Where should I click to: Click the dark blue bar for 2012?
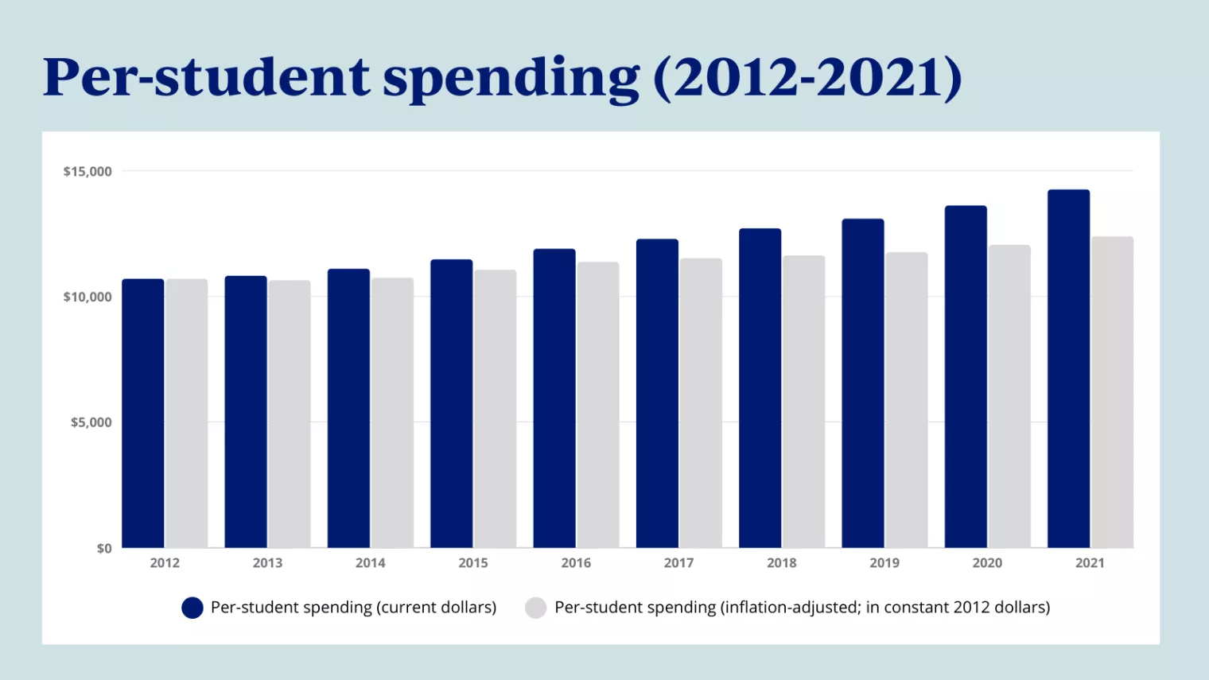pyautogui.click(x=143, y=414)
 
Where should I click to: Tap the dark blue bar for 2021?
pyautogui.click(x=1068, y=369)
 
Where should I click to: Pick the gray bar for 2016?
pyautogui.click(x=598, y=405)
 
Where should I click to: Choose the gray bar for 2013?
pyautogui.click(x=290, y=414)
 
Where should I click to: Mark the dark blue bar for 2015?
pyautogui.click(x=451, y=403)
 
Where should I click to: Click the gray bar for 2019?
pyautogui.click(x=907, y=400)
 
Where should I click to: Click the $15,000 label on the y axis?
pyautogui.click(x=87, y=172)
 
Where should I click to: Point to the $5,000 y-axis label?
pyautogui.click(x=91, y=422)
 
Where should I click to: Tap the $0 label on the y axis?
pyautogui.click(x=104, y=549)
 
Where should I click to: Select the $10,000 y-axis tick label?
pyautogui.click(x=87, y=297)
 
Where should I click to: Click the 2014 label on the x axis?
pyautogui.click(x=370, y=563)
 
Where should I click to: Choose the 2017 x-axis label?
pyautogui.click(x=678, y=563)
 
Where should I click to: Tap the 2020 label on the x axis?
pyautogui.click(x=987, y=563)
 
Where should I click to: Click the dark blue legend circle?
pyautogui.click(x=192, y=608)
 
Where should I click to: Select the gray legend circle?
pyautogui.click(x=536, y=608)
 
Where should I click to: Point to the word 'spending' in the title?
pyautogui.click(x=511, y=80)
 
